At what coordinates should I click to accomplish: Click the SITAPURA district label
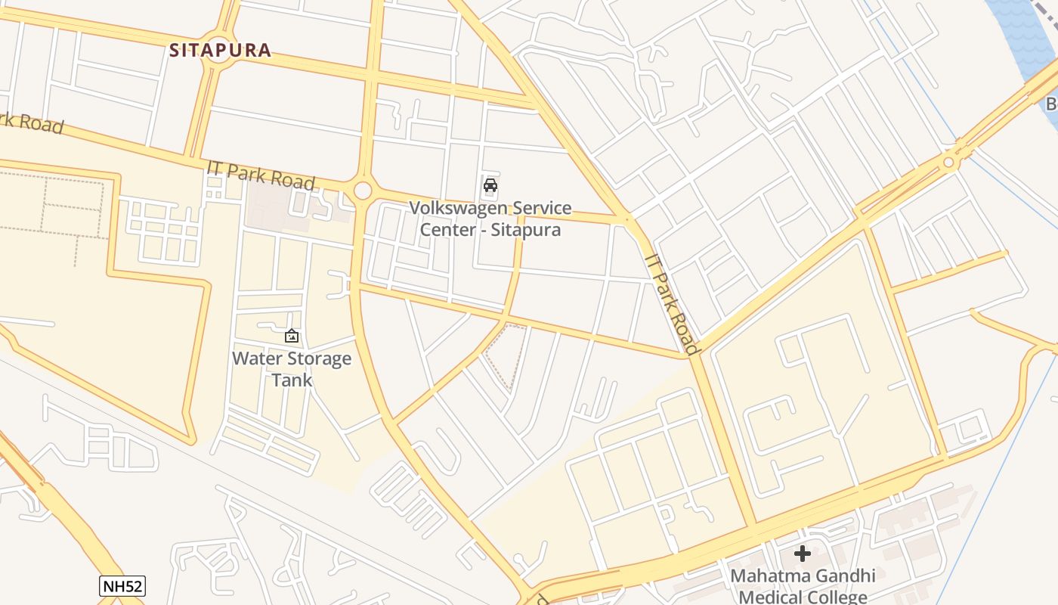220,51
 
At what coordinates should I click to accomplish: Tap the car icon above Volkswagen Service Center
490,185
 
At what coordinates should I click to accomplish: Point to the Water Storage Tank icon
292,335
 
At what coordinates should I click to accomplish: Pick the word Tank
292,380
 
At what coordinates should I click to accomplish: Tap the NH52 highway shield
122,585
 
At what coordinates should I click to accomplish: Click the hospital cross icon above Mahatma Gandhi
803,554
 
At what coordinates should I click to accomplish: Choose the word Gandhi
840,576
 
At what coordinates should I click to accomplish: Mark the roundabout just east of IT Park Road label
363,190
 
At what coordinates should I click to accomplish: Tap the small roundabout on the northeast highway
948,162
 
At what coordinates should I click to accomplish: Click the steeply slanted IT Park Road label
671,302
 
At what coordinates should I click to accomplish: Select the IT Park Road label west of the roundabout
261,175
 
